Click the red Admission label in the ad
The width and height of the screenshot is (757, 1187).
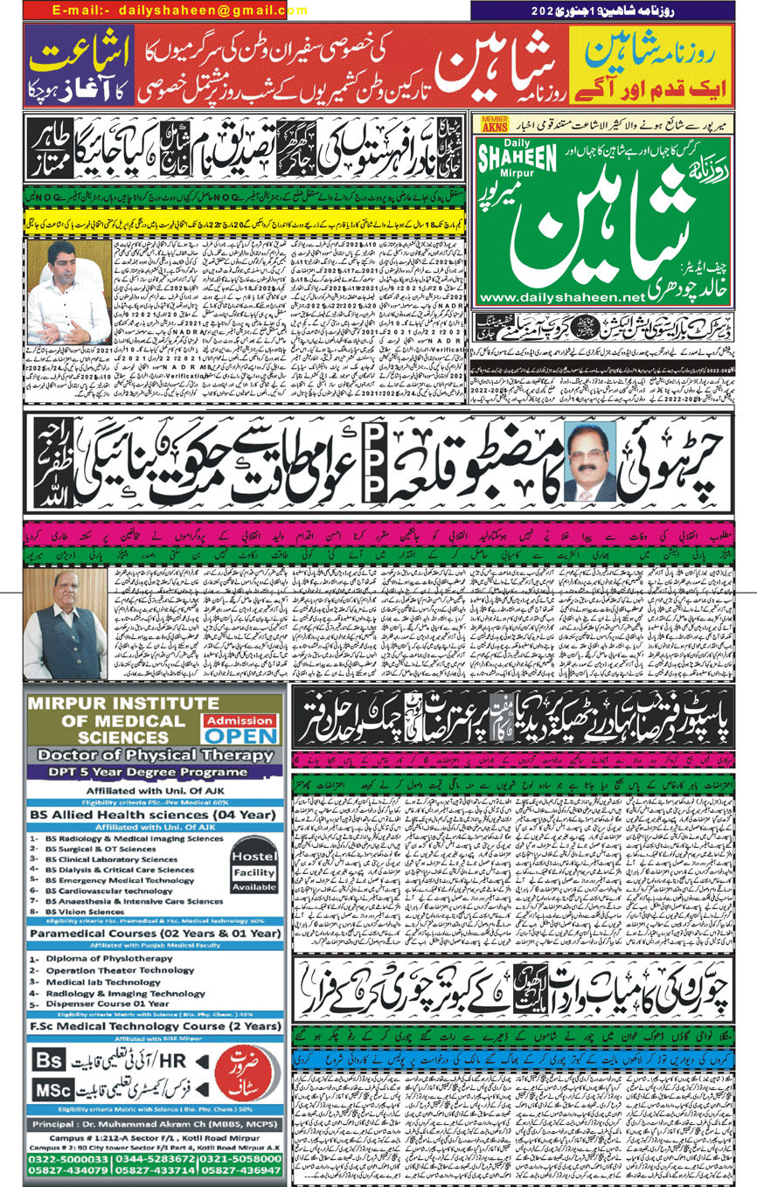(x=239, y=720)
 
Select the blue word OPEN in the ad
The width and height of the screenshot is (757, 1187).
(x=240, y=736)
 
